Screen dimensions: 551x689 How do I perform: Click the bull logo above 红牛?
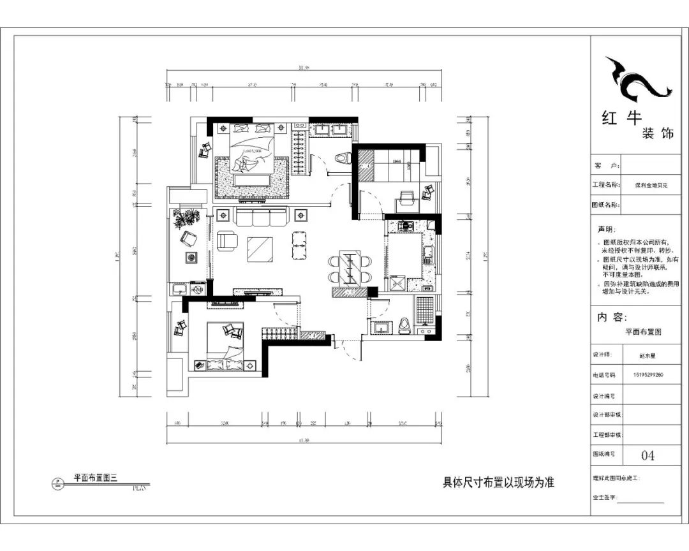[x=638, y=80]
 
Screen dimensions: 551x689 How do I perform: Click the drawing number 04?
[x=648, y=455]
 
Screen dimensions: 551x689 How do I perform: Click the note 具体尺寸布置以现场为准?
[x=498, y=483]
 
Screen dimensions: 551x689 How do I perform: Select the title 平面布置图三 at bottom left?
[x=96, y=476]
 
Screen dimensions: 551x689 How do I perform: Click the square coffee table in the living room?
[x=260, y=249]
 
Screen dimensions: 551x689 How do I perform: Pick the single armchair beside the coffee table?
[x=227, y=240]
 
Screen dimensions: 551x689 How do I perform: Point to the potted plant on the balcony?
[x=186, y=219]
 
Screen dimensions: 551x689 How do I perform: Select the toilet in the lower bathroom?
[x=403, y=326]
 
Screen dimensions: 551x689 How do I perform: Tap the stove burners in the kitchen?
[x=403, y=226]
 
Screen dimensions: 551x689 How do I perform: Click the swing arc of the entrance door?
[x=347, y=349]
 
